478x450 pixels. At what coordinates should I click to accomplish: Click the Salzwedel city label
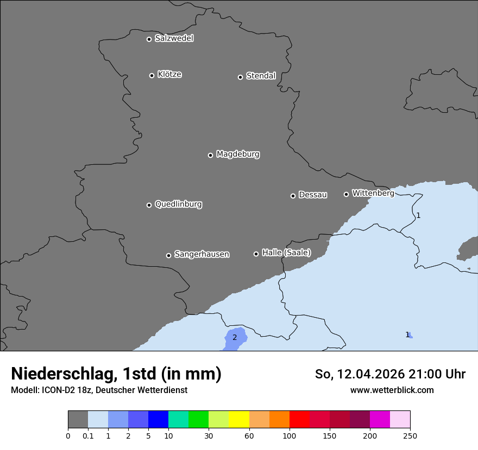pos(174,38)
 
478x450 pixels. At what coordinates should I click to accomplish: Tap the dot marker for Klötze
pos(152,75)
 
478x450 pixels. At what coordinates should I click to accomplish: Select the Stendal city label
pos(261,76)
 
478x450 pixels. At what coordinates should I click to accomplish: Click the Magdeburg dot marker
pos(210,155)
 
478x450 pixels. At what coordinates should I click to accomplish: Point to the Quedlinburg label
pos(178,204)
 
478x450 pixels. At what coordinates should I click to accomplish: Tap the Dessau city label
pos(313,195)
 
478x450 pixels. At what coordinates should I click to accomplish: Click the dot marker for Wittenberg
pos(346,194)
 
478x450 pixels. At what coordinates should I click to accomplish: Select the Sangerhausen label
pos(202,254)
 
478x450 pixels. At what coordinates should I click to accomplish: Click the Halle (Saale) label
pos(286,253)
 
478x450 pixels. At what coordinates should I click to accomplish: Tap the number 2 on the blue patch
pos(235,337)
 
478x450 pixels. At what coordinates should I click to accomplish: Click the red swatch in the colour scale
pos(299,420)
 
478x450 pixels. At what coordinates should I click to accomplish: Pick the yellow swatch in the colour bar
pos(239,420)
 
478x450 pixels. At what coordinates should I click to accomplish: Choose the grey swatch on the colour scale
pos(78,420)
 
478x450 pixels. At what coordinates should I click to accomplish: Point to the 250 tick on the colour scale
pos(410,435)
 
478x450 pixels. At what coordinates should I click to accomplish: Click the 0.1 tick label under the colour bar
pos(88,435)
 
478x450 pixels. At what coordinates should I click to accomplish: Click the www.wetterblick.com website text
pos(392,390)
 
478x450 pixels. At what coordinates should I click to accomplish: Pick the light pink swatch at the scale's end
pos(400,420)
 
